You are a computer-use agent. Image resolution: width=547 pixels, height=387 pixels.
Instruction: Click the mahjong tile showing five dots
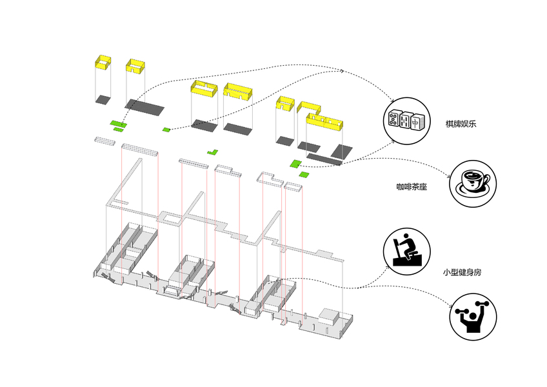point(393,119)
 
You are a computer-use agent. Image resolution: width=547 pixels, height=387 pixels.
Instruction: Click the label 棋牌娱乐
point(461,123)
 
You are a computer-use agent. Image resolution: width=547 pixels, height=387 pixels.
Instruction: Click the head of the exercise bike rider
point(406,237)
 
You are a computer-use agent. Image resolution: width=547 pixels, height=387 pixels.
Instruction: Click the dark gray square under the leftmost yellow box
point(102,99)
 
